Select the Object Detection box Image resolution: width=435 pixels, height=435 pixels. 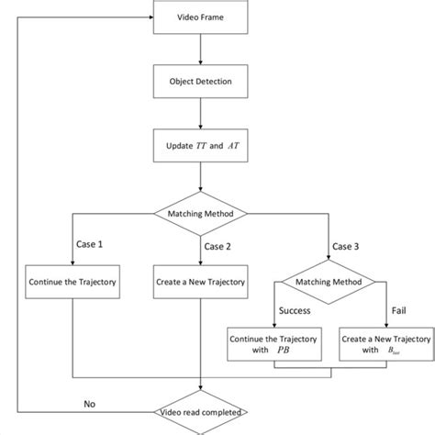pos(199,82)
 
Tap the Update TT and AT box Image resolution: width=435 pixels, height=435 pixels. pos(199,146)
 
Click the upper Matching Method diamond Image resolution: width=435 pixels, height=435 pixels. pos(199,214)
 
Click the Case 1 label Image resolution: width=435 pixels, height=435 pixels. pos(89,245)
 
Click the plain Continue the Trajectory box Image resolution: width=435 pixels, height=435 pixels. pos(72,283)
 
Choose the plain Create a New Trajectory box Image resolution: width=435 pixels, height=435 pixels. pos(199,283)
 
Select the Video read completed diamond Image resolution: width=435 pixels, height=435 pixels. pos(199,414)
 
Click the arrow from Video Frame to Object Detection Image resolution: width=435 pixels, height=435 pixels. pos(199,50)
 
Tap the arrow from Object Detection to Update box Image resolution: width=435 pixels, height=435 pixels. pos(199,114)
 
